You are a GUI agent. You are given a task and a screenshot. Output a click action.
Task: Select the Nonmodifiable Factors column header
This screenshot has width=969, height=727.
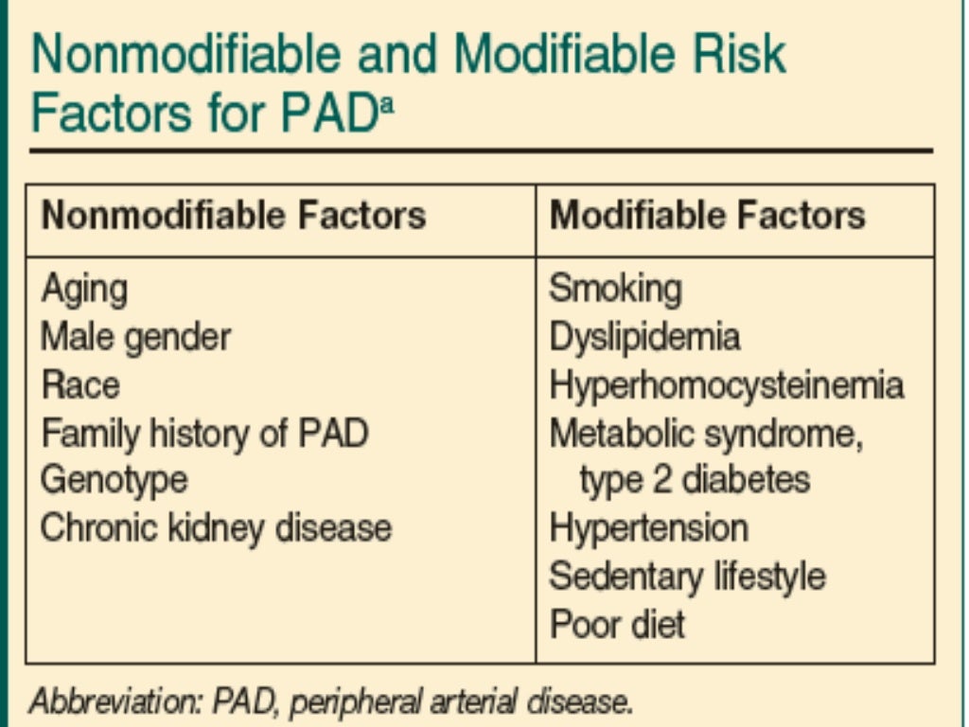(x=233, y=216)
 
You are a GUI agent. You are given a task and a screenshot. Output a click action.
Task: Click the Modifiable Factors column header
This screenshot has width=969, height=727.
(x=707, y=216)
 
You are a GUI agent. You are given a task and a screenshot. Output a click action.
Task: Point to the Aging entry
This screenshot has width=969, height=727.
(x=83, y=289)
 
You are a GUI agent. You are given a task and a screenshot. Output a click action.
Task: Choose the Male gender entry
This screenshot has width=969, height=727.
(x=135, y=337)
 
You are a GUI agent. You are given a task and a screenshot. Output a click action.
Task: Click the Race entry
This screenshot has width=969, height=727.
(x=79, y=385)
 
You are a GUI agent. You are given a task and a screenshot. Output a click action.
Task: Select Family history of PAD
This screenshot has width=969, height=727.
(x=203, y=434)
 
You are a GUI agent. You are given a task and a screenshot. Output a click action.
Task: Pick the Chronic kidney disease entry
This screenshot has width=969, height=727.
(x=216, y=527)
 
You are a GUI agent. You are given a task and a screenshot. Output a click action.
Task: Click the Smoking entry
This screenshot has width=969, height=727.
(x=615, y=288)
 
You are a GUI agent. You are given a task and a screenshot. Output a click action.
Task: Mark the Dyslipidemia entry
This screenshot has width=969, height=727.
(x=644, y=337)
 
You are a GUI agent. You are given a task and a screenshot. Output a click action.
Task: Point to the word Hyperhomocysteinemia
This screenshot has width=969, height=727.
(x=726, y=385)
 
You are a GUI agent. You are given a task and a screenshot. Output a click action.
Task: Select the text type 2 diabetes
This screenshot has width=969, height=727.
(x=695, y=480)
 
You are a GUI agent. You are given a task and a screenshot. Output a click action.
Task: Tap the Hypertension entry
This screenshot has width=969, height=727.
(x=648, y=527)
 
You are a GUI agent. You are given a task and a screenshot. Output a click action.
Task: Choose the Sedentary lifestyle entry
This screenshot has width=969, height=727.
(x=687, y=576)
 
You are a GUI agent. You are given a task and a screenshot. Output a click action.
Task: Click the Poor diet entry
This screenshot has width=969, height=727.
(x=617, y=623)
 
